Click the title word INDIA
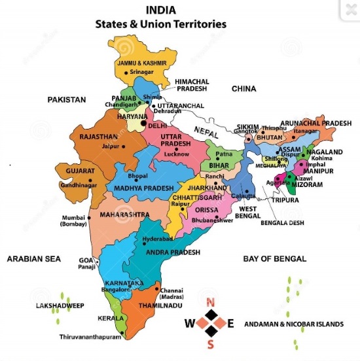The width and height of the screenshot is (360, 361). tap(160, 11)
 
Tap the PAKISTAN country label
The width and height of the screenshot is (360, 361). tap(66, 99)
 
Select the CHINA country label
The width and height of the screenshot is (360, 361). tap(243, 88)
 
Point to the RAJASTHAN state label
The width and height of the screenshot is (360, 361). tap(98, 137)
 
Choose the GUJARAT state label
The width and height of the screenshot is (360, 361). tap(79, 171)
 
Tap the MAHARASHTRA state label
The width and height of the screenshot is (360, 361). tap(125, 214)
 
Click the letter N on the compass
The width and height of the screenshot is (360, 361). tap(210, 301)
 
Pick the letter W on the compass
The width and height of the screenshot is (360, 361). tap(189, 323)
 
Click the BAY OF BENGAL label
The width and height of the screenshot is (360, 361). tap(274, 259)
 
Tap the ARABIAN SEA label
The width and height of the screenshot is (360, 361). tap(33, 259)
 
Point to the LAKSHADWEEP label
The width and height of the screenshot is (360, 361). tap(60, 305)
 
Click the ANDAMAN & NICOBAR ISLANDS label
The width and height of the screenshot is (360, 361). tap(293, 324)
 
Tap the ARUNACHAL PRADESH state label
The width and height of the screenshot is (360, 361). tap(315, 123)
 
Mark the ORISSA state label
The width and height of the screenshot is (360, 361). tap(207, 210)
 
